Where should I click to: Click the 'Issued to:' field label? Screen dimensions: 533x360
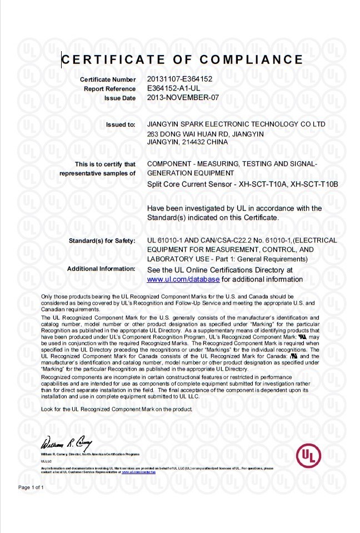[121, 124]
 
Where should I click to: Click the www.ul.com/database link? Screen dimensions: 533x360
[183, 279]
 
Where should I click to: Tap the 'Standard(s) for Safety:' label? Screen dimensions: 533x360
[102, 241]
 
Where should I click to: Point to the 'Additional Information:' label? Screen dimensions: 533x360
[101, 269]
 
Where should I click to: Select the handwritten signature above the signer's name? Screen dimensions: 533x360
[62, 444]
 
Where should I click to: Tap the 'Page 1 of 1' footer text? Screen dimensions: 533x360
[31, 487]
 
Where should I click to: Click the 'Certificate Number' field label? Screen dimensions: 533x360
[108, 80]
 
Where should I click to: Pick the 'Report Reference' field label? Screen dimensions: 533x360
[109, 89]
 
